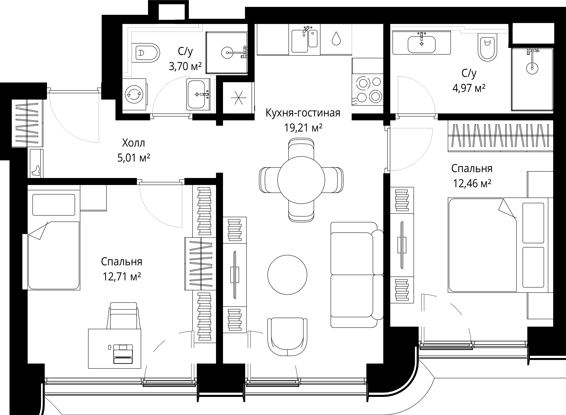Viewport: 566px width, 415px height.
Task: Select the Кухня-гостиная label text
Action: point(303,113)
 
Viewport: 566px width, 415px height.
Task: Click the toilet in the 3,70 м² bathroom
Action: point(146,53)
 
